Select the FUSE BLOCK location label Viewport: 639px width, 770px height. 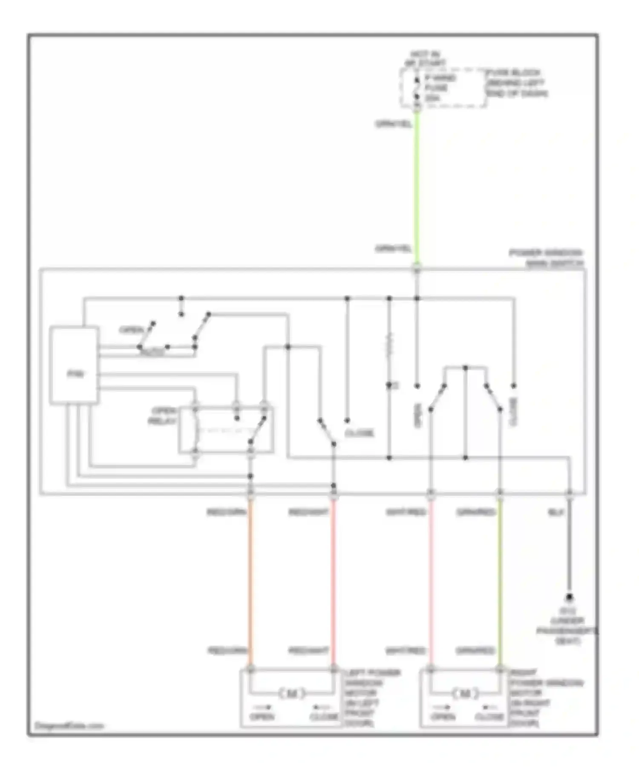[x=516, y=83]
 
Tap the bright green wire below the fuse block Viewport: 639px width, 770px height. [x=417, y=183]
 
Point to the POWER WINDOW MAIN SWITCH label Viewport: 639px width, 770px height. [x=547, y=258]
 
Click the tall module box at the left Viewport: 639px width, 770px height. [x=75, y=365]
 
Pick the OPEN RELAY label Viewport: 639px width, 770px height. [x=163, y=416]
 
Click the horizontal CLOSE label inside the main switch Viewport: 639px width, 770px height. [x=359, y=433]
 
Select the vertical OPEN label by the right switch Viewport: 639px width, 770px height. [x=417, y=415]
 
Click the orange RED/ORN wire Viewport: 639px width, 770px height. [x=250, y=579]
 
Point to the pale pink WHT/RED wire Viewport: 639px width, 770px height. [x=431, y=579]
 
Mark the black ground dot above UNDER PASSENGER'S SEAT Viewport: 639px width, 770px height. [x=569, y=598]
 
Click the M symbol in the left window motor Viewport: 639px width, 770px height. [x=292, y=694]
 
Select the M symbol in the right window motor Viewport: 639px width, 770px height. [x=465, y=694]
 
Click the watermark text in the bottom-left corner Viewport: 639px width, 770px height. [x=69, y=726]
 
